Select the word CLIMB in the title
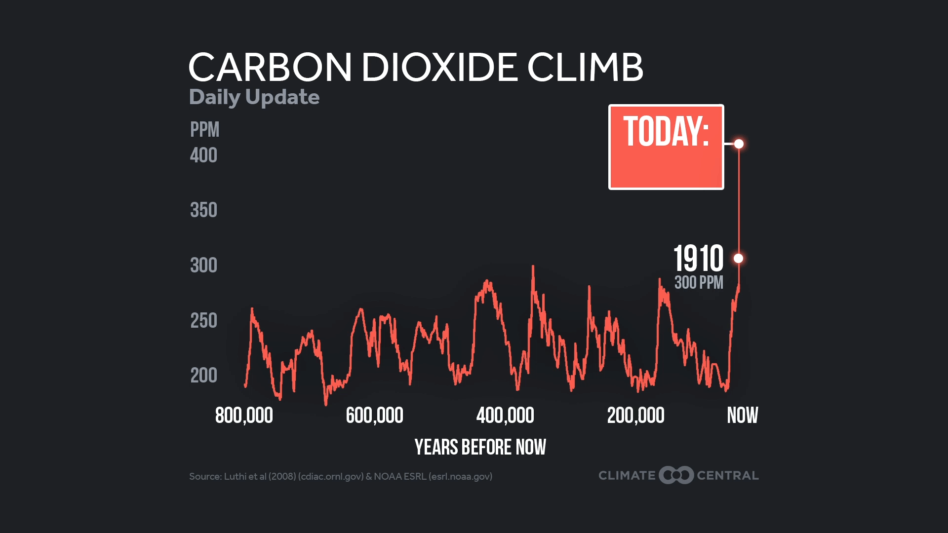click(585, 68)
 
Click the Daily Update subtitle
click(254, 97)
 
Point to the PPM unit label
click(204, 130)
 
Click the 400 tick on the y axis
click(203, 155)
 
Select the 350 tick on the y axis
click(203, 210)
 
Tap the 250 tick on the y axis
click(203, 321)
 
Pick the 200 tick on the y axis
click(203, 376)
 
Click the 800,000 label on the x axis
click(244, 416)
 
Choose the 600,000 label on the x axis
click(374, 416)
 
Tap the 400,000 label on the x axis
click(505, 416)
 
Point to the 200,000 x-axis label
click(635, 416)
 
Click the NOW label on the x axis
click(742, 416)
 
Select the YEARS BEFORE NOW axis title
click(480, 447)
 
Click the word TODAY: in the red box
click(666, 132)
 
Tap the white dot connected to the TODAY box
click(739, 144)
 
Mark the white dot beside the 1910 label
click(738, 258)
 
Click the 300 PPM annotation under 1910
click(699, 283)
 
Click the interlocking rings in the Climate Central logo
click(676, 475)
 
